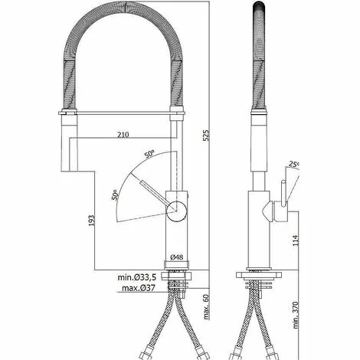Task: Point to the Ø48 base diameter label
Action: click(x=177, y=258)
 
